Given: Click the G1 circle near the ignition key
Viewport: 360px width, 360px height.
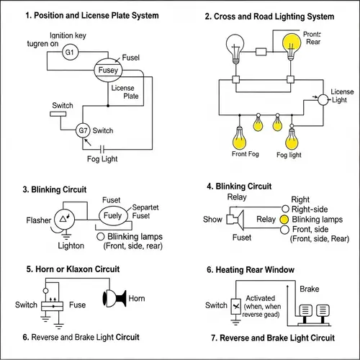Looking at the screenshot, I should click(70, 52).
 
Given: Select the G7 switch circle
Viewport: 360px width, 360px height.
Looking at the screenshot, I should click(84, 130).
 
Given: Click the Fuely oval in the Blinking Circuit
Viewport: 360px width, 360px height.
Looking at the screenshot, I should click(112, 215).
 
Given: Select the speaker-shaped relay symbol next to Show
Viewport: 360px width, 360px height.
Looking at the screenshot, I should click(235, 219).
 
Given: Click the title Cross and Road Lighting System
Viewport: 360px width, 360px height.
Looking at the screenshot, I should click(270, 16).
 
